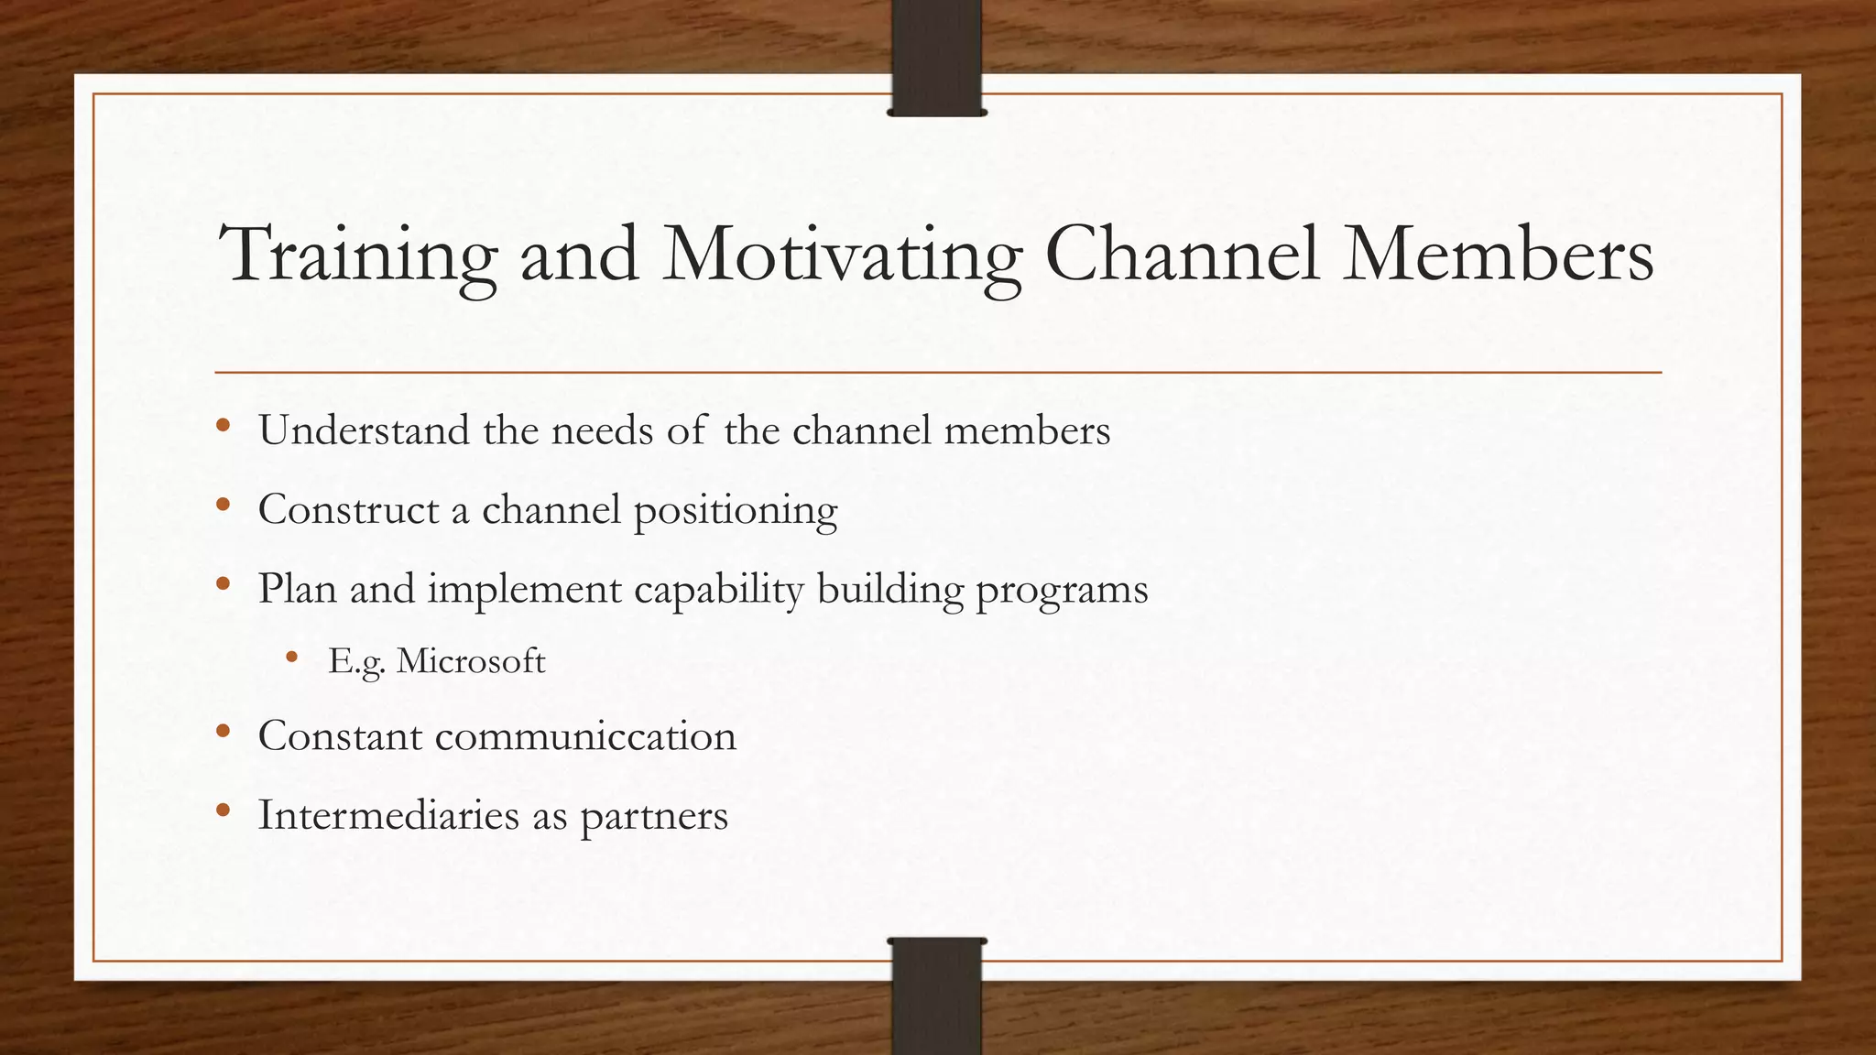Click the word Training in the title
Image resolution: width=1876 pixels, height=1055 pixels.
(359, 256)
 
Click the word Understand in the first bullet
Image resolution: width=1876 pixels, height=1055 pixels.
(364, 430)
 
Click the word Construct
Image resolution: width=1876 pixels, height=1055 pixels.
(348, 509)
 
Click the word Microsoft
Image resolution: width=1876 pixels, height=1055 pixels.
(471, 660)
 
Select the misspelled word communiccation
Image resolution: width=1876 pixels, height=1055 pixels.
(585, 736)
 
